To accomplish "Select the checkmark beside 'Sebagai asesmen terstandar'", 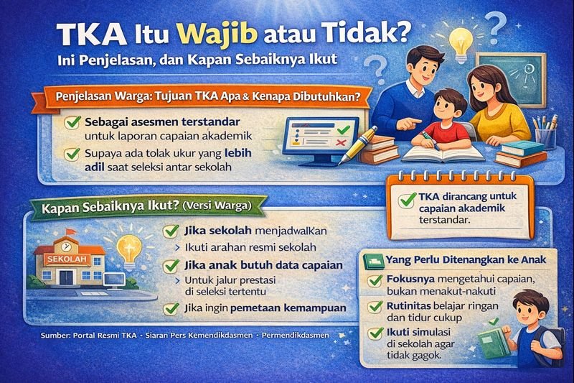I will click(72, 123).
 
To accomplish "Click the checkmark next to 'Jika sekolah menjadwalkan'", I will click(171, 231).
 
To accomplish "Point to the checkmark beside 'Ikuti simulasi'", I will click(375, 334).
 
